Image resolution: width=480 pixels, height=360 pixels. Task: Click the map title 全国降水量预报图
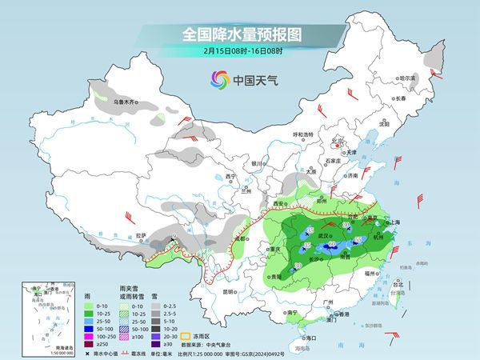click(241, 34)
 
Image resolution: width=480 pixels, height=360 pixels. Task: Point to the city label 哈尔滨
click(408, 78)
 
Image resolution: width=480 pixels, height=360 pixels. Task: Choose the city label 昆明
click(230, 291)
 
